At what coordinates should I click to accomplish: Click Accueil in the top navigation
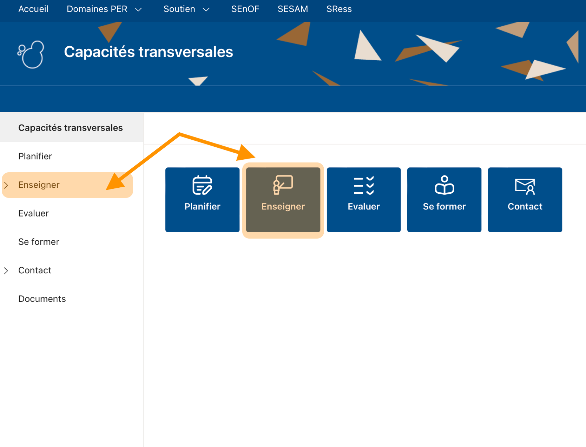pyautogui.click(x=33, y=9)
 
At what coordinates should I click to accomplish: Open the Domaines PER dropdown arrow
pyautogui.click(x=138, y=10)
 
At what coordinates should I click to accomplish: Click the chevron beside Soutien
pyautogui.click(x=206, y=10)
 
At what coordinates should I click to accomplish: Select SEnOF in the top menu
pyautogui.click(x=245, y=9)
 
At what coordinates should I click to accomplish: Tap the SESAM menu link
pyautogui.click(x=292, y=9)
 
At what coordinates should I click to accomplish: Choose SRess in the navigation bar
pyautogui.click(x=339, y=9)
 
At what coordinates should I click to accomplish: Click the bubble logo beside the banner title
pyautogui.click(x=31, y=54)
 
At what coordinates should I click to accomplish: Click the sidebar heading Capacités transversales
pyautogui.click(x=71, y=128)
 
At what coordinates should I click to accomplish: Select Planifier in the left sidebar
pyautogui.click(x=35, y=156)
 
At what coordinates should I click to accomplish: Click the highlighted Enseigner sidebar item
pyautogui.click(x=39, y=185)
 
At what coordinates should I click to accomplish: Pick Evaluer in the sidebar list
pyautogui.click(x=33, y=213)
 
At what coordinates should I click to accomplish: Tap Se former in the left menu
pyautogui.click(x=39, y=242)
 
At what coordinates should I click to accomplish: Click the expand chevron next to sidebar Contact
pyautogui.click(x=6, y=271)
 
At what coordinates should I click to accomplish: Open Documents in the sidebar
pyautogui.click(x=42, y=299)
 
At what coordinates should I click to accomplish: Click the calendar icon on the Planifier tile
pyautogui.click(x=202, y=185)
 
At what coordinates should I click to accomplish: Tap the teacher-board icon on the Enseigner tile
pyautogui.click(x=283, y=185)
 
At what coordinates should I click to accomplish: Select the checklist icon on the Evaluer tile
pyautogui.click(x=364, y=185)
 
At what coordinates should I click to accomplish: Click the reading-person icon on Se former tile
pyautogui.click(x=444, y=185)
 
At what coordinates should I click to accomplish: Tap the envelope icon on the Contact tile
pyautogui.click(x=525, y=186)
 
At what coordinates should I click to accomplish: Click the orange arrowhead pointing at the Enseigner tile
pyautogui.click(x=246, y=153)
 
